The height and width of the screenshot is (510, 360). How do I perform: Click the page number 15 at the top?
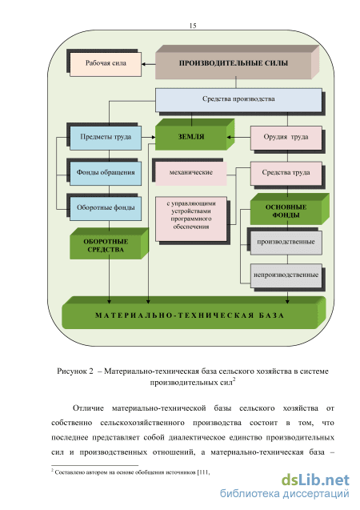(x=193, y=26)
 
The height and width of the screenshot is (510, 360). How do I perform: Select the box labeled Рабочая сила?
(x=106, y=64)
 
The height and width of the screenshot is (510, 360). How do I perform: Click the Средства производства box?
(x=238, y=100)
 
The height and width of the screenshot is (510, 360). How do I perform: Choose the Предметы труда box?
(x=106, y=138)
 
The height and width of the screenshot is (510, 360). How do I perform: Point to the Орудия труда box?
(x=286, y=138)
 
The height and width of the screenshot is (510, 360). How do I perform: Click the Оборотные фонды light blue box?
(x=106, y=208)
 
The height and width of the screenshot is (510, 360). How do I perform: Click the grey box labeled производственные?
(x=286, y=243)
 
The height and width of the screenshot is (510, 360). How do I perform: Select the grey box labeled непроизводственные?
(x=286, y=275)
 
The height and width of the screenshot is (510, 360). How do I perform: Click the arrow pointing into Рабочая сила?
(x=149, y=64)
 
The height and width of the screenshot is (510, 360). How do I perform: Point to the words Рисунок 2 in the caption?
(x=75, y=371)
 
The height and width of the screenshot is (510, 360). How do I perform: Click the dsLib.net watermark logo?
(x=315, y=480)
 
